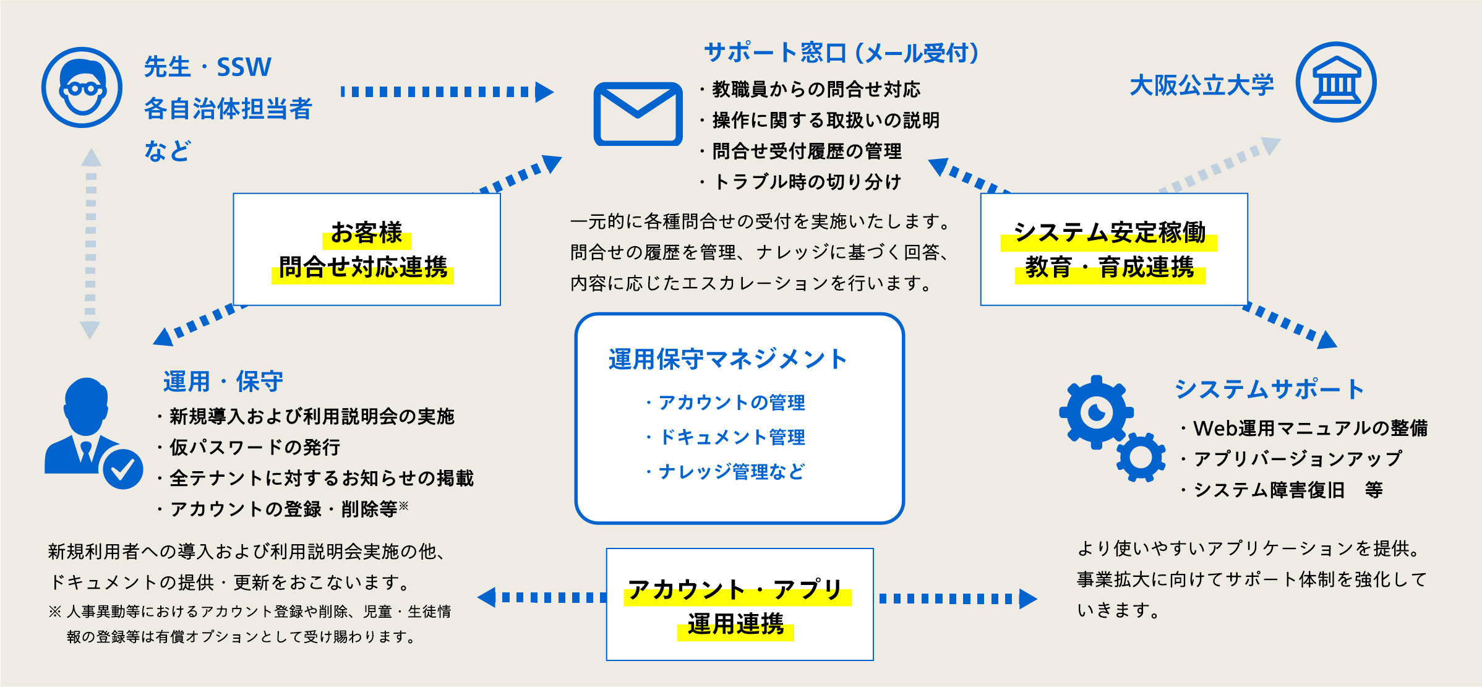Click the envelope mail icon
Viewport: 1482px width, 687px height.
[638, 114]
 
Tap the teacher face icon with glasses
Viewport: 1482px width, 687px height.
[82, 87]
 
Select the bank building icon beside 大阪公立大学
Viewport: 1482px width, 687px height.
[1335, 82]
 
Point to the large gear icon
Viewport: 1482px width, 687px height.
[1096, 412]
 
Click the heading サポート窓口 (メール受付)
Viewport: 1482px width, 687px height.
[841, 53]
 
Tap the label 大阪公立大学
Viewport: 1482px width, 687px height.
[1201, 85]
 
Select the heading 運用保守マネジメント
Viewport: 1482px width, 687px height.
[727, 359]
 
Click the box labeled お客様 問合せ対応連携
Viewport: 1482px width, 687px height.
[366, 249]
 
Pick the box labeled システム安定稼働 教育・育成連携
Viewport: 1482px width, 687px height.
[1113, 249]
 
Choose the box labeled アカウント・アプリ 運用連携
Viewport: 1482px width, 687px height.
[739, 604]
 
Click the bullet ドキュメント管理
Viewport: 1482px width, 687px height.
[732, 437]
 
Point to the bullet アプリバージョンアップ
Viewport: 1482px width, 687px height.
[1297, 459]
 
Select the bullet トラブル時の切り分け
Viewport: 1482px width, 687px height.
[807, 182]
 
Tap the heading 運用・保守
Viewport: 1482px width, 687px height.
[223, 382]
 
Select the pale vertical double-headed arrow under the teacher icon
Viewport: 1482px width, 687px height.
[91, 244]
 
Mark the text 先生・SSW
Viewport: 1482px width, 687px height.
[208, 67]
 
